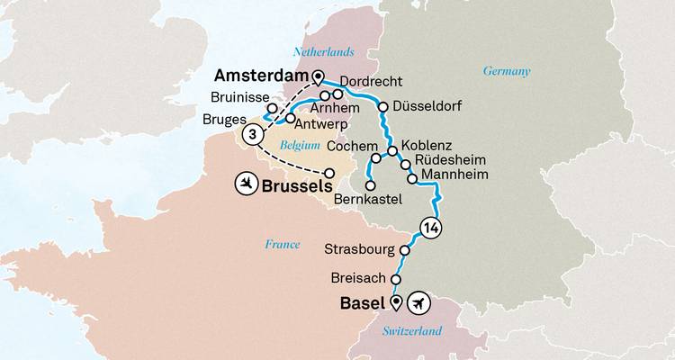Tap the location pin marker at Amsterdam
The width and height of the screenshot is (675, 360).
(x=316, y=76)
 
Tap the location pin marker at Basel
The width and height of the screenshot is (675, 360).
(x=397, y=302)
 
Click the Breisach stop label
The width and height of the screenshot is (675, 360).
(x=360, y=279)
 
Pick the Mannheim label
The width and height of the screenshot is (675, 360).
(x=454, y=177)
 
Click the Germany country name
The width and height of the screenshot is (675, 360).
(x=507, y=71)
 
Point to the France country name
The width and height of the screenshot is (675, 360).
(x=282, y=244)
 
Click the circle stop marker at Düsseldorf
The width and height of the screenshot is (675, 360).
(x=383, y=107)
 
